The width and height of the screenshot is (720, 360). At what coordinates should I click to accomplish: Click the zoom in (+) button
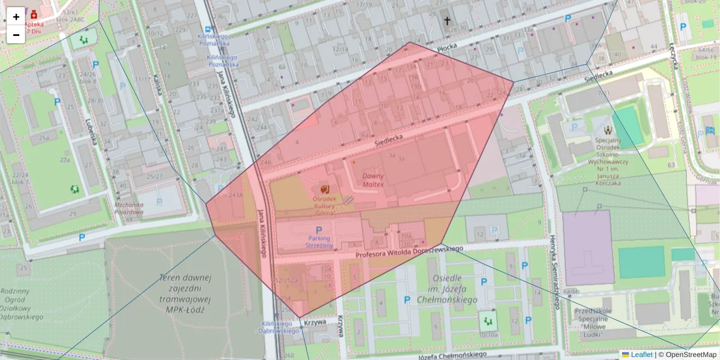coord(16,17)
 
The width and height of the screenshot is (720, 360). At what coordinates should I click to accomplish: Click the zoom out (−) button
coord(16,35)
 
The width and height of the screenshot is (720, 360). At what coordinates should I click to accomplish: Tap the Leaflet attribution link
coord(641,355)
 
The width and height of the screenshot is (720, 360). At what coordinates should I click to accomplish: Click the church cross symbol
coord(446,21)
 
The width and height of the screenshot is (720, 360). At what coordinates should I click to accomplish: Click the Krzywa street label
coord(314,322)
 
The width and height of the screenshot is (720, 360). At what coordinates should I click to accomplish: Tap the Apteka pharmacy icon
coord(34,12)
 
